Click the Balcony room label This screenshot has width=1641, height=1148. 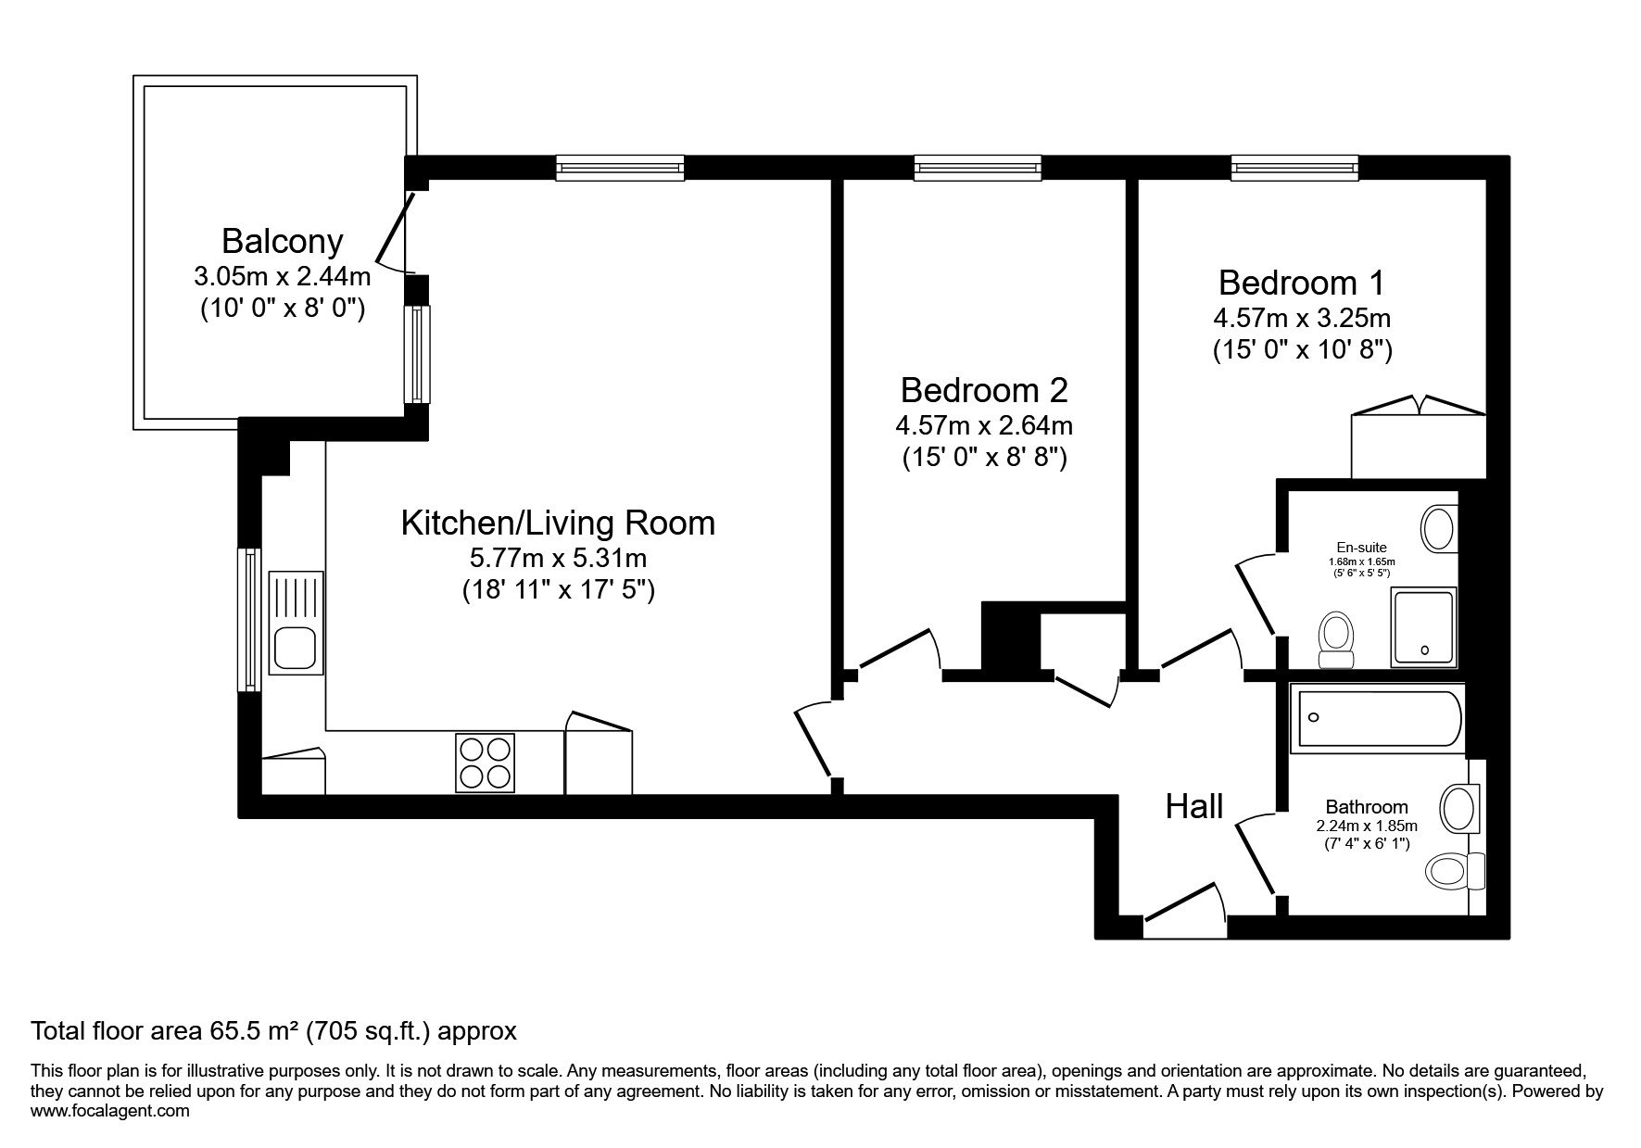[282, 242]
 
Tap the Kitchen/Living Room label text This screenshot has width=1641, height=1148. [558, 524]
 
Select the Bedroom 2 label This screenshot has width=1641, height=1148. [984, 390]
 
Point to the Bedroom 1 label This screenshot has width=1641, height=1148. [1302, 282]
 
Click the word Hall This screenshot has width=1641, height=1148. [1194, 806]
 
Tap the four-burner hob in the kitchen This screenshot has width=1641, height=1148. [485, 763]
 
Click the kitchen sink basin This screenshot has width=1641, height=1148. [296, 647]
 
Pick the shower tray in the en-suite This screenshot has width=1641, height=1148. [1423, 627]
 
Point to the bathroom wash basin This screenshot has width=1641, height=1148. [1461, 809]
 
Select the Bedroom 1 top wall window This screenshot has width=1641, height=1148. [1295, 168]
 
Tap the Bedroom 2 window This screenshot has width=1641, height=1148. [978, 168]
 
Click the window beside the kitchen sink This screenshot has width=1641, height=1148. [249, 620]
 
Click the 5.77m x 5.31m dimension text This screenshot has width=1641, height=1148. [558, 559]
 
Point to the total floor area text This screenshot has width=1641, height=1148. [273, 1030]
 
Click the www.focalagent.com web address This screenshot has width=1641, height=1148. [110, 1111]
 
